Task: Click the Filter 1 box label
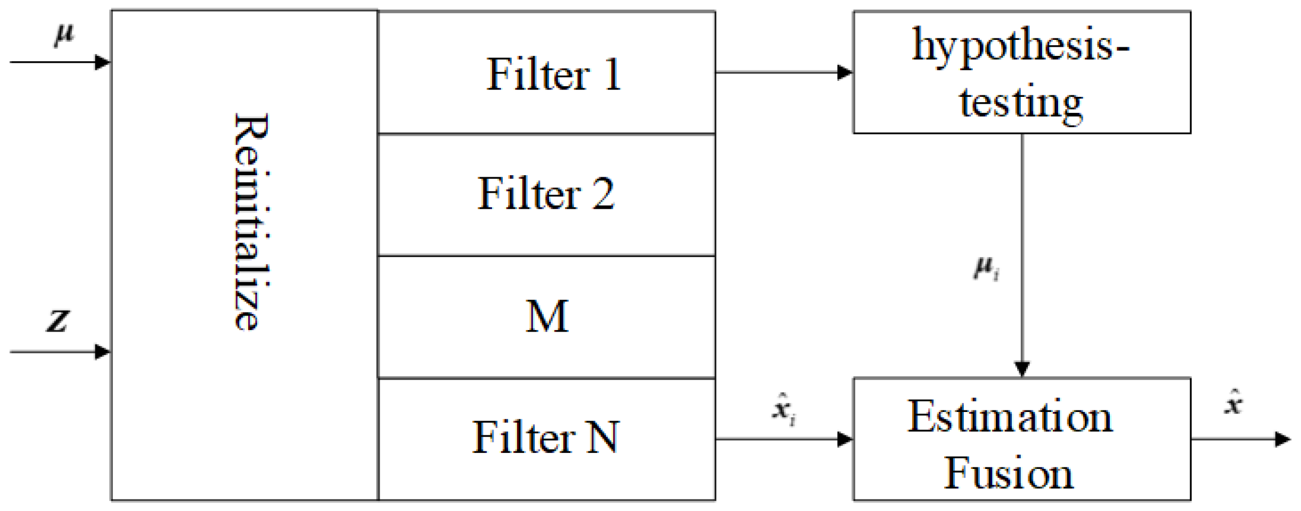pyautogui.click(x=553, y=74)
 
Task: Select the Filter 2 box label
pyautogui.click(x=546, y=194)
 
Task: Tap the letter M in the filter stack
pyautogui.click(x=547, y=316)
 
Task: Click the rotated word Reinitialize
pyautogui.click(x=251, y=222)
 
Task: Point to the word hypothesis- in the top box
pyautogui.click(x=1020, y=46)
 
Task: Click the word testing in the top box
pyautogui.click(x=1020, y=102)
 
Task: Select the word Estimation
pyautogui.click(x=1010, y=417)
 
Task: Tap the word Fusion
pyautogui.click(x=1009, y=473)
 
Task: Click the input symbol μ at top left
pyautogui.click(x=64, y=36)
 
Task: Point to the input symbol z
pyautogui.click(x=58, y=320)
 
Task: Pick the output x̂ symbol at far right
pyautogui.click(x=1233, y=403)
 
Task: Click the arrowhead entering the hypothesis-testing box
pyautogui.click(x=845, y=72)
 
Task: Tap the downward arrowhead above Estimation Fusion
pyautogui.click(x=1021, y=369)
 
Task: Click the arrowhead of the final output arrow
pyautogui.click(x=1283, y=439)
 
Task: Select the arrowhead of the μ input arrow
pyautogui.click(x=102, y=62)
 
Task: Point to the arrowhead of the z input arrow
pyautogui.click(x=102, y=352)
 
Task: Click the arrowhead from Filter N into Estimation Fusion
pyautogui.click(x=845, y=439)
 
